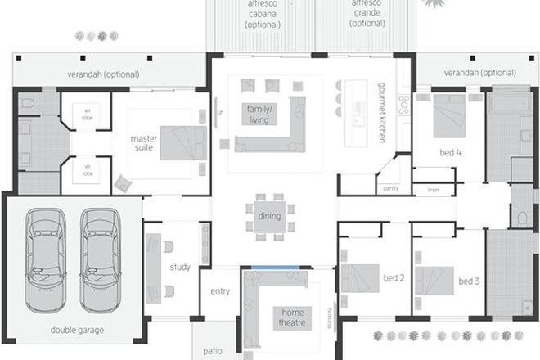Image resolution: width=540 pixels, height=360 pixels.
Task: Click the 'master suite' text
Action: pos(143,143)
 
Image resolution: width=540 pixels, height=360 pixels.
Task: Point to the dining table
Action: pos(269,217)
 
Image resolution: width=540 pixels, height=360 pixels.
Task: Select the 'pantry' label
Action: pos(390,188)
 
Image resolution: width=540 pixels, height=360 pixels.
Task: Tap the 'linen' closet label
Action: pos(434,189)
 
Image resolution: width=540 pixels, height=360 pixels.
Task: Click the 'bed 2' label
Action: pos(395,278)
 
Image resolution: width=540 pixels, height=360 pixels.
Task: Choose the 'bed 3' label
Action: pos(468,281)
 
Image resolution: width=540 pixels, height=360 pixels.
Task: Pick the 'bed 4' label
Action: pos(448,152)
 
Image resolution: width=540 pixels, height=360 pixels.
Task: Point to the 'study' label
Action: pos(180,267)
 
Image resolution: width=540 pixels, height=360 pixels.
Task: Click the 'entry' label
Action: pos(220,290)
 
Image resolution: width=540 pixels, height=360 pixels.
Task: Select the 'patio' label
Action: pos(212,351)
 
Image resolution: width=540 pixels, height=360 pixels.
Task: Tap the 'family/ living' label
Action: pos(259,114)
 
